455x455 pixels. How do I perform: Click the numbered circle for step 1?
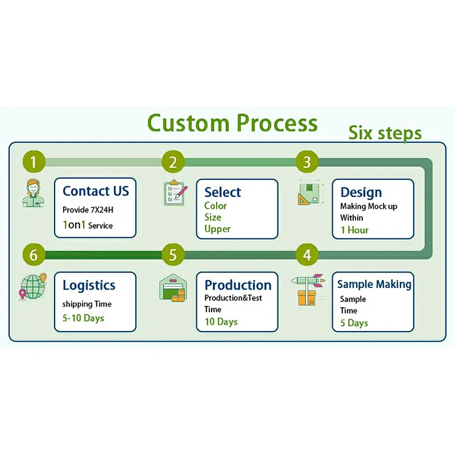(34, 162)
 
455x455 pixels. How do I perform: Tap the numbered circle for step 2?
(173, 162)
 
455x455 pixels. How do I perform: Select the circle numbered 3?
(307, 162)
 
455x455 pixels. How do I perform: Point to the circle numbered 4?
(307, 254)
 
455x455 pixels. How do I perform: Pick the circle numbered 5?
(173, 254)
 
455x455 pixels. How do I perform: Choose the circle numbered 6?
(34, 254)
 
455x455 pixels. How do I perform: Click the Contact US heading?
(96, 191)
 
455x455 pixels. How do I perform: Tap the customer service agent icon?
(34, 193)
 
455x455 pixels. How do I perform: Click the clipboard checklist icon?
(175, 192)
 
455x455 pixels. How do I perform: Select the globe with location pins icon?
(33, 287)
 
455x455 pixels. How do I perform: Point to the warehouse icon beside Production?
(173, 288)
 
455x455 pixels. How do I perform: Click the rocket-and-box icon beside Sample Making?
(308, 289)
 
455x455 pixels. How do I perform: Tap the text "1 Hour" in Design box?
(354, 230)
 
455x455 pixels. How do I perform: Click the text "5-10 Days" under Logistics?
(83, 318)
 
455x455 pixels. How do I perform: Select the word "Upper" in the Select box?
(217, 229)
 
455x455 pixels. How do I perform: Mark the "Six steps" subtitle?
(385, 133)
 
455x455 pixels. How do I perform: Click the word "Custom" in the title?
(188, 123)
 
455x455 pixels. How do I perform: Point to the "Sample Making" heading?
(374, 284)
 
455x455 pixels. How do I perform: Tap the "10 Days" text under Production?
(221, 322)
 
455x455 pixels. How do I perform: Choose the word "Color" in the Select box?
(216, 206)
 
